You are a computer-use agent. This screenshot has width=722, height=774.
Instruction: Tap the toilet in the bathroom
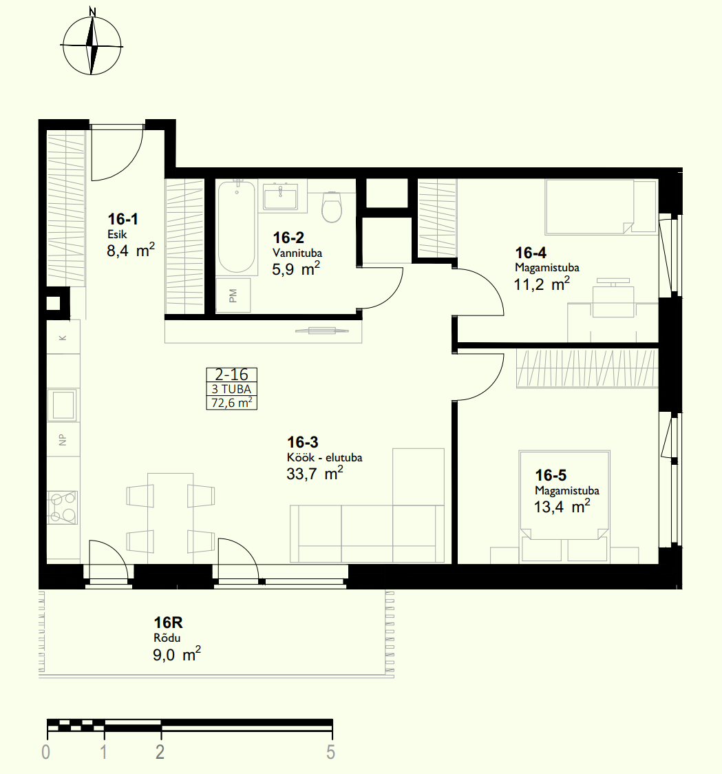tap(332, 207)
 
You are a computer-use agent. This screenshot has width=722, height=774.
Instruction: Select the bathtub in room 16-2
tap(237, 227)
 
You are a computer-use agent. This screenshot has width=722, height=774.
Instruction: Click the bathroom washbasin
tap(280, 196)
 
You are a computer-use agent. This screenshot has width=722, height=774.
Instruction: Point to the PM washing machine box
tap(233, 295)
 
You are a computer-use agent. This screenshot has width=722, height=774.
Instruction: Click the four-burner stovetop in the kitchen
tap(63, 508)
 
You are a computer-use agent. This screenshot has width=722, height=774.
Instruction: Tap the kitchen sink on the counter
tap(63, 405)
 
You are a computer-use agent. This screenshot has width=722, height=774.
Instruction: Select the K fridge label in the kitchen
tap(63, 338)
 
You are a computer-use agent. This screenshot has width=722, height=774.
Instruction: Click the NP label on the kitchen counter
tap(63, 440)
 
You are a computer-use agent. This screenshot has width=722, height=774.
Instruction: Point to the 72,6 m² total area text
tap(231, 403)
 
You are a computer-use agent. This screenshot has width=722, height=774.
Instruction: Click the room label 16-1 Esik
tap(123, 226)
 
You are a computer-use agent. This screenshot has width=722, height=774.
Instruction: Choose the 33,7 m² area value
tap(315, 474)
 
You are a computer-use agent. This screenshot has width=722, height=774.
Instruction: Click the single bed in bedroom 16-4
tap(602, 207)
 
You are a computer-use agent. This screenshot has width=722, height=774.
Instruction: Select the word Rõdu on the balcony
tap(167, 638)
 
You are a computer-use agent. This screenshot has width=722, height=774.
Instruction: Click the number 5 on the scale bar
tap(330, 752)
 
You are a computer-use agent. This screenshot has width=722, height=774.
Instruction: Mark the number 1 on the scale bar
tap(104, 752)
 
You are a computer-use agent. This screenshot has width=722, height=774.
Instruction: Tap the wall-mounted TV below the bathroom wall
tap(321, 331)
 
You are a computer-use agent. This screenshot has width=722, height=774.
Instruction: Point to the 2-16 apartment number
tap(231, 375)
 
